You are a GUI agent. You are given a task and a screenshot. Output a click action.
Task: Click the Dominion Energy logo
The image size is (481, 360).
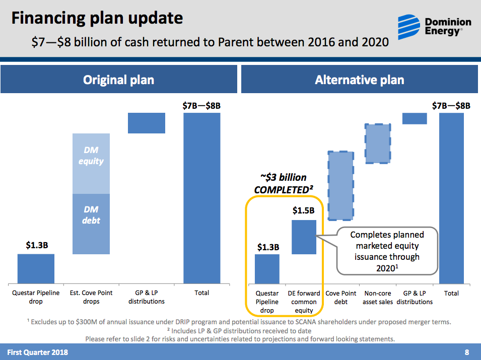(434, 26)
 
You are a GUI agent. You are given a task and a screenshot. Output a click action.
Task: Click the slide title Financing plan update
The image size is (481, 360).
(97, 19)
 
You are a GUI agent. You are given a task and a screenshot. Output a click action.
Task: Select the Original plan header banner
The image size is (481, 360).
(118, 80)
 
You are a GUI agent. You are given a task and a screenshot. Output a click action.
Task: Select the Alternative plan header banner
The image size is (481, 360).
(359, 80)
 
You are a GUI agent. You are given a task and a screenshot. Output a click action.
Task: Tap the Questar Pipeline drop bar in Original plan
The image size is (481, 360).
(36, 268)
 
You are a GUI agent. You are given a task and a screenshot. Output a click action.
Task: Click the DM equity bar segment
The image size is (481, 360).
(91, 163)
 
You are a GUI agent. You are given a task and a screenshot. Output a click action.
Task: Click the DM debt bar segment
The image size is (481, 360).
(91, 224)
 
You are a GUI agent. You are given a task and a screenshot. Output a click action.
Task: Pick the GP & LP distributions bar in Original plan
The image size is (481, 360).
(147, 123)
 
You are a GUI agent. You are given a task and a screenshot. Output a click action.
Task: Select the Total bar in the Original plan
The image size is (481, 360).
(202, 198)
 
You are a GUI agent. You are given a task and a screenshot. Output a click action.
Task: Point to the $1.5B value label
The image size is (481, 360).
(303, 211)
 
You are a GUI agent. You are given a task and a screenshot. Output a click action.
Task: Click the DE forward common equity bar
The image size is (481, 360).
(304, 237)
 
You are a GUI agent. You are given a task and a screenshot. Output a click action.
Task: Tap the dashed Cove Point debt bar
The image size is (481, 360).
(340, 186)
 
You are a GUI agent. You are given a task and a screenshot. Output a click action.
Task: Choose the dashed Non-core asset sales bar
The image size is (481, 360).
(378, 143)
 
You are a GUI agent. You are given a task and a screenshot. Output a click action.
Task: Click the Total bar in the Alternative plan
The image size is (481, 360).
(451, 198)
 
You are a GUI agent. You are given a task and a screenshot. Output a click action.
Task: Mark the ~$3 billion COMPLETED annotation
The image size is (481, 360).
(284, 184)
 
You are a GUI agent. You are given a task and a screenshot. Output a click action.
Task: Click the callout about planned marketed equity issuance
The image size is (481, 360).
(387, 251)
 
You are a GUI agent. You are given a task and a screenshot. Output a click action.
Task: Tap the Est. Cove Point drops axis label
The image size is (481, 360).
(91, 297)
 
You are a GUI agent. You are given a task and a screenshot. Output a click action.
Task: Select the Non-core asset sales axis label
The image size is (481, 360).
(378, 298)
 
